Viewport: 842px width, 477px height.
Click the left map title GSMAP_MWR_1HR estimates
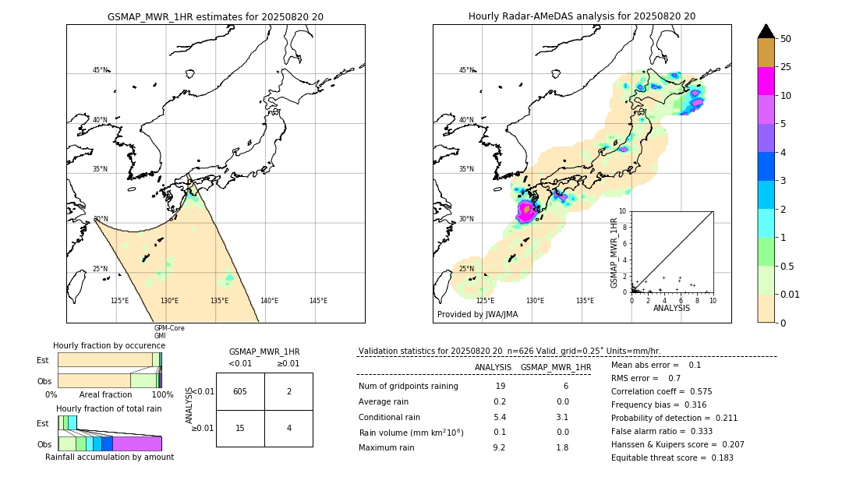215,16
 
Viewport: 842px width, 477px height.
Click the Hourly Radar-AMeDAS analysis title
582,16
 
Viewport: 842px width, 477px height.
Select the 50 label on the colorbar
786,39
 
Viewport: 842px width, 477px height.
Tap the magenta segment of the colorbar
766,81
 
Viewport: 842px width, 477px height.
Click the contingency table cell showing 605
240,391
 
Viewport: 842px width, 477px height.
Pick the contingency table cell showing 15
240,428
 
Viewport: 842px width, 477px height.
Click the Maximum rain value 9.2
499,447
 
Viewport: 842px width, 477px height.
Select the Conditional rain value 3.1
562,417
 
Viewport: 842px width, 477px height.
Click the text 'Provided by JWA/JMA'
477,315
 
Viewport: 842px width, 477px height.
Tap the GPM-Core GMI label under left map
168,332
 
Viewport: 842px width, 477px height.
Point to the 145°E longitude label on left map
318,301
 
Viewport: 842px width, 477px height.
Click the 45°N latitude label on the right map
466,70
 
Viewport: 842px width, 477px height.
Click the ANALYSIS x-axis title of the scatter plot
671,308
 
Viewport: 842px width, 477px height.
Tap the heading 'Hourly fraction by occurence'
108,345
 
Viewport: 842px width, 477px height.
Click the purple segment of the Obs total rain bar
137,443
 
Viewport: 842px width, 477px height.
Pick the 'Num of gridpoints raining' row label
409,387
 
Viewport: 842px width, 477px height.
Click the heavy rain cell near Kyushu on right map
526,210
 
